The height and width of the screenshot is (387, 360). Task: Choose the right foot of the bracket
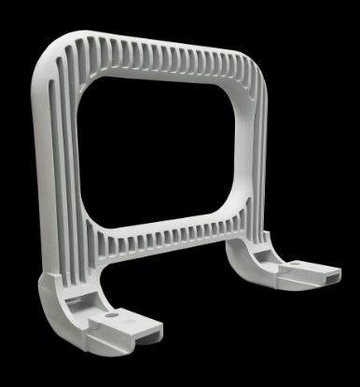(289, 270)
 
